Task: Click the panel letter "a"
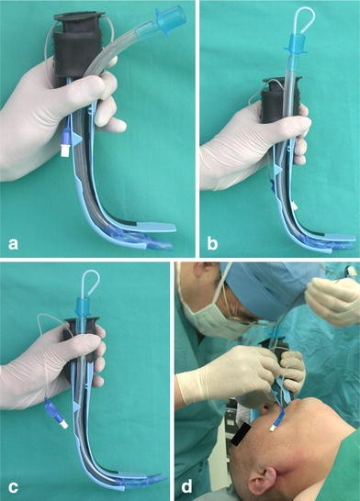coord(13,244)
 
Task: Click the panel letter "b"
coord(212,243)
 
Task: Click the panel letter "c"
coord(13,487)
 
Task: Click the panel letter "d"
coord(186,486)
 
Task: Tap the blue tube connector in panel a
coord(170,21)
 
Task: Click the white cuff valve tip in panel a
coord(66,150)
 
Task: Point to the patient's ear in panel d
coord(264,481)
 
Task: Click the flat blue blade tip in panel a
coord(157,228)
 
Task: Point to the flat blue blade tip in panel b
coord(339,238)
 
